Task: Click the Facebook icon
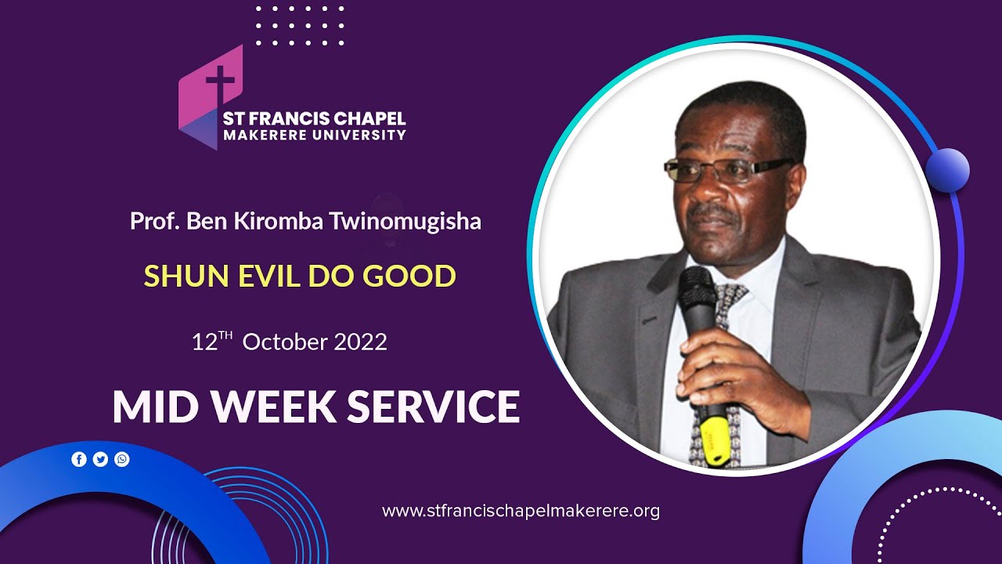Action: pyautogui.click(x=79, y=459)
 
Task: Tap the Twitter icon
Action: pyautogui.click(x=100, y=459)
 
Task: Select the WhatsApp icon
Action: pyautogui.click(x=122, y=459)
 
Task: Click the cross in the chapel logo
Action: pyautogui.click(x=220, y=85)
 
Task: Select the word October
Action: pyautogui.click(x=283, y=342)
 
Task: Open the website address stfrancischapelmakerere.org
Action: pyautogui.click(x=521, y=512)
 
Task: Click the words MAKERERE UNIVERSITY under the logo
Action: pyautogui.click(x=315, y=135)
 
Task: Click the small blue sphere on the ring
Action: pyautogui.click(x=947, y=170)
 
